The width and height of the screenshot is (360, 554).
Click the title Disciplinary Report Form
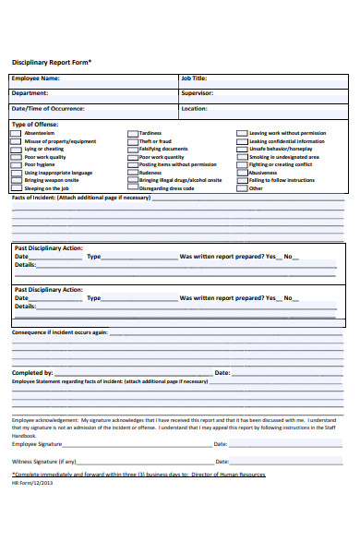coord(51,62)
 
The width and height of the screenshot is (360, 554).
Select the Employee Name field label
coord(35,78)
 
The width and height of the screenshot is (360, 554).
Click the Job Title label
coord(194,78)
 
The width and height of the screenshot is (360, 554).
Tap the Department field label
coord(30,93)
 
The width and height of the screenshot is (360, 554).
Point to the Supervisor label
coord(197,93)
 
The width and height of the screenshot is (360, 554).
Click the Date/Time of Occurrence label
coord(47,108)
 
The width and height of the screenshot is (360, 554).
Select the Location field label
coord(194,108)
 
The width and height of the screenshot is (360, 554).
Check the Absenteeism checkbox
coord(16,133)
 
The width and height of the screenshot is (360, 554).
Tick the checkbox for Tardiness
coord(131,133)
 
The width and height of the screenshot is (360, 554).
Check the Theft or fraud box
coord(131,141)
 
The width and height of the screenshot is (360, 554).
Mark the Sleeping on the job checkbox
coord(16,188)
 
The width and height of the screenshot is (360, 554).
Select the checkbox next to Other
coord(242,188)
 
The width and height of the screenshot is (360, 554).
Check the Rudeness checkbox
coord(131,173)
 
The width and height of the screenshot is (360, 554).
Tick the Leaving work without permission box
coord(242,133)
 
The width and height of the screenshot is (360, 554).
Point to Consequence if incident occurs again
coord(59,331)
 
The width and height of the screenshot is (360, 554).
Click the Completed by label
coord(32,373)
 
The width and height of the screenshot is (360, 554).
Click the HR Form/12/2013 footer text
coord(32,482)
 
